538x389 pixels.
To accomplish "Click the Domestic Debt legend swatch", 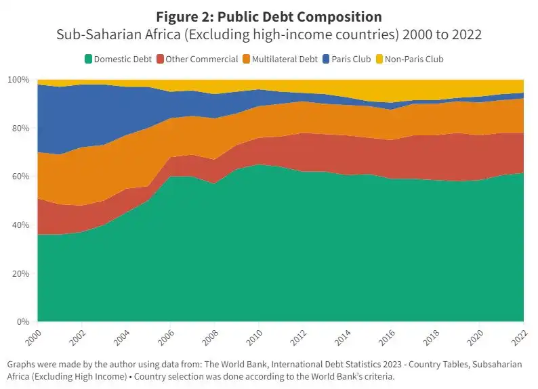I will coord(87,59).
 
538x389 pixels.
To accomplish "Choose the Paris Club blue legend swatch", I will coord(327,59).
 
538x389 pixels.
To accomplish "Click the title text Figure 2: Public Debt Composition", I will coord(269,17).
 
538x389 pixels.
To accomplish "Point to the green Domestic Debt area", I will coord(271,257).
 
